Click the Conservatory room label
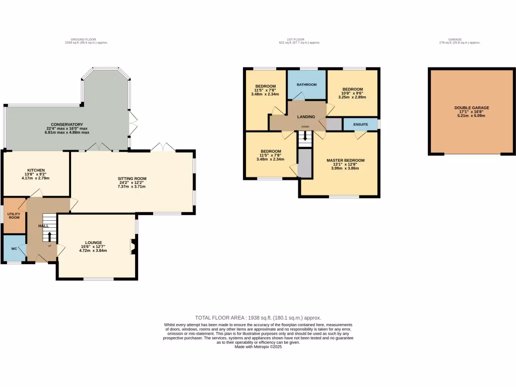[x=67, y=124]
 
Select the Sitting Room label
[x=132, y=178]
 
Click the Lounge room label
[x=93, y=242]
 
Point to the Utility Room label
[x=14, y=216]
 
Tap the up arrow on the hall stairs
[x=49, y=236]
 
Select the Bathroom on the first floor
[x=306, y=85]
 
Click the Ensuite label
[x=360, y=124]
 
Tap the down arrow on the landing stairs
[x=305, y=137]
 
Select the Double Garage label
[x=471, y=107]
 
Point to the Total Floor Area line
[x=258, y=318]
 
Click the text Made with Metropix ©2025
[x=258, y=347]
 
